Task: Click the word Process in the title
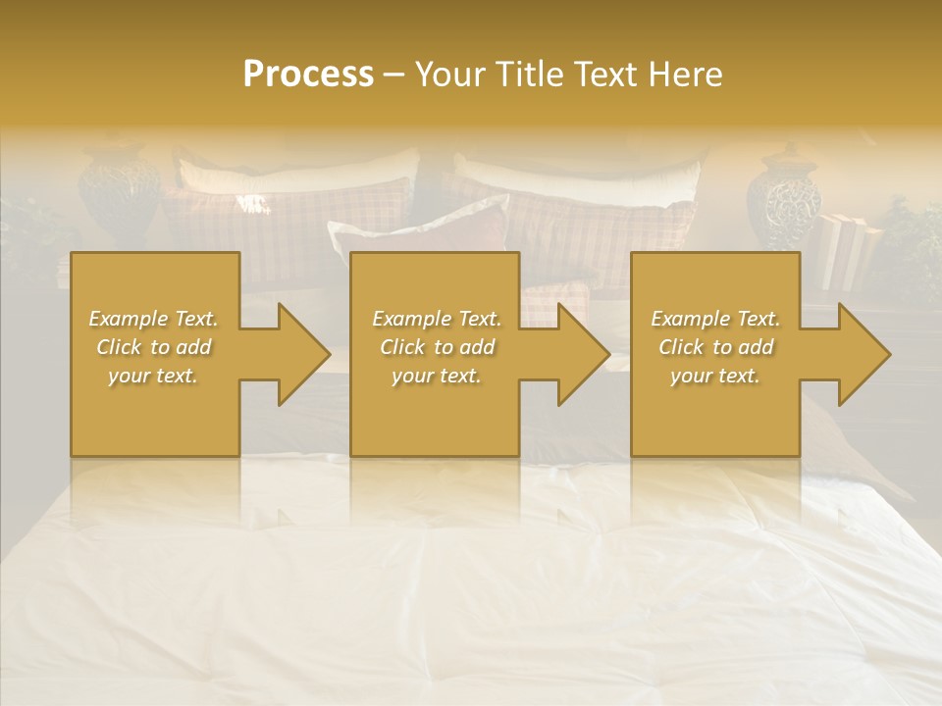click(x=308, y=74)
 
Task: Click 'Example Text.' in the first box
click(x=153, y=319)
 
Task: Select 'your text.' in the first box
click(x=153, y=376)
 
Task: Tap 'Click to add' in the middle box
click(x=437, y=347)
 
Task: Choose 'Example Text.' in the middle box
click(x=437, y=319)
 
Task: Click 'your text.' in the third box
click(x=715, y=376)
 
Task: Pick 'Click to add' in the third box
click(x=715, y=347)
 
